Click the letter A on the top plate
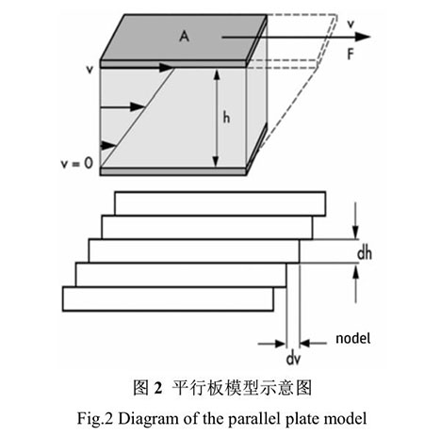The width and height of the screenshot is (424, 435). [x=184, y=36]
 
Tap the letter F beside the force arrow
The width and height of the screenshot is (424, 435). [x=351, y=55]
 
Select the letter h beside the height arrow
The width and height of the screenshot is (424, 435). [x=226, y=118]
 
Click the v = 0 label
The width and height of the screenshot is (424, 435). [x=77, y=163]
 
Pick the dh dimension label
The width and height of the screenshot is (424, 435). [x=365, y=253]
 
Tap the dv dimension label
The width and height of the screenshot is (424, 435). [x=293, y=359]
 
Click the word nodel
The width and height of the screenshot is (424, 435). [x=353, y=338]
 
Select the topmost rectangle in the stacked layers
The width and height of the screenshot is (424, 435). [x=220, y=203]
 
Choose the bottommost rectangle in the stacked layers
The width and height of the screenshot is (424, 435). [x=168, y=298]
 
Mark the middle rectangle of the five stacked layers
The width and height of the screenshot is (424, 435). [x=194, y=250]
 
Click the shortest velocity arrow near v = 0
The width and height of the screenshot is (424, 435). [x=108, y=146]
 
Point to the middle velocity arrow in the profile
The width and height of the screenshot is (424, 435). [x=122, y=107]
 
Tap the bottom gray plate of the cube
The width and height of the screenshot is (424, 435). [x=173, y=171]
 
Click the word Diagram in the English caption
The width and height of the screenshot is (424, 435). [x=149, y=419]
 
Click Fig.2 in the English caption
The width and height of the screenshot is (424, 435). [x=95, y=419]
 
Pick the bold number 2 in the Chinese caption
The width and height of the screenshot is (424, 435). [x=158, y=388]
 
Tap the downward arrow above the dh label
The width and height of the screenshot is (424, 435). [x=355, y=220]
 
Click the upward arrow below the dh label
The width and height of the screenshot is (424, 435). [x=355, y=283]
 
